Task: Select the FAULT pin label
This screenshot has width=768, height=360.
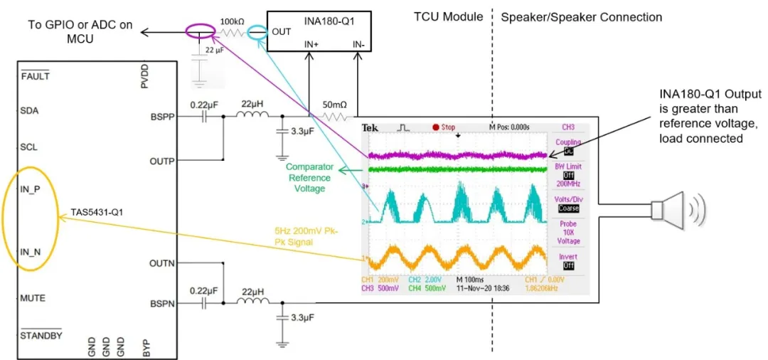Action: coord(35,76)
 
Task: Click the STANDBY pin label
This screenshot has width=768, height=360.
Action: coord(41,334)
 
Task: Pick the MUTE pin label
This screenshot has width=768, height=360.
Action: coord(33,297)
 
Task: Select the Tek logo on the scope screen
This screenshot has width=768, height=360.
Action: coord(370,128)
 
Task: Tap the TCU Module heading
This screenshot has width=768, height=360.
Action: coord(449,17)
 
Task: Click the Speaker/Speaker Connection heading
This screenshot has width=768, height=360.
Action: coord(581,17)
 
